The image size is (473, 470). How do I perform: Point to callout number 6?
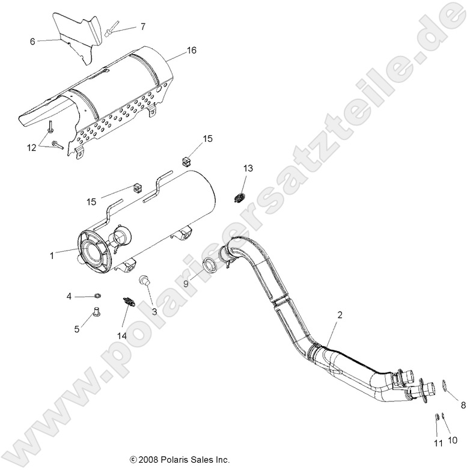pos(32,41)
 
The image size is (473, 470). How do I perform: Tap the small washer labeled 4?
pos(97,296)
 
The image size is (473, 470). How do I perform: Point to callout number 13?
pos(248,169)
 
